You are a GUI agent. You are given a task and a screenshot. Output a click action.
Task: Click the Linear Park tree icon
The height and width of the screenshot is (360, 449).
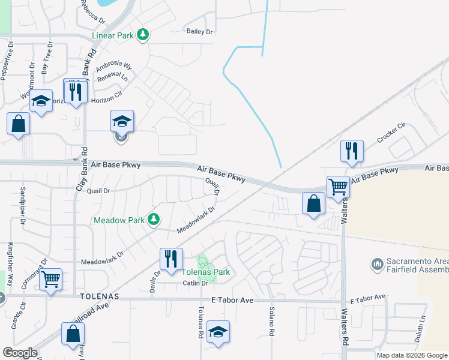coord(142,35)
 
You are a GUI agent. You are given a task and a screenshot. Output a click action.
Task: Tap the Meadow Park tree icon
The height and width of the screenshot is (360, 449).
coord(154,220)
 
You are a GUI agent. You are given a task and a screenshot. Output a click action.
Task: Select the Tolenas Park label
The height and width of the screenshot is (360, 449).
coord(206,272)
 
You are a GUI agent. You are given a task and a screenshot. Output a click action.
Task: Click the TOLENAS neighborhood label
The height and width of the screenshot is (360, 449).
coord(99,297)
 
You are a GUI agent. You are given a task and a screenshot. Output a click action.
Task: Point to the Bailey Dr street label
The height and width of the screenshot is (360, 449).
coord(200,31)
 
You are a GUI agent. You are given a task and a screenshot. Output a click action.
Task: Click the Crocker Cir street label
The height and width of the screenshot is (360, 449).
coord(391,133)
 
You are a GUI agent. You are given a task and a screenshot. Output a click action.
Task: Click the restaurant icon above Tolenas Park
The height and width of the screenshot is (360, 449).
coord(171,258)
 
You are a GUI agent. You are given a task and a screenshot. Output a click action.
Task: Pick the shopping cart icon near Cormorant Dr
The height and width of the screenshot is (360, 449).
coord(50,278)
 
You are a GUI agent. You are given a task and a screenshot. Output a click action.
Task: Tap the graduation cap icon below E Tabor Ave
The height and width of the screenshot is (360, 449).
coord(218,331)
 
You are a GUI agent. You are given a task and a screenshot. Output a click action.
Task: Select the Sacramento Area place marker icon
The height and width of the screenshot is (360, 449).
coord(378,263)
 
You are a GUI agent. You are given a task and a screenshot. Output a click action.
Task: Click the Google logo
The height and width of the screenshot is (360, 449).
coord(20,353)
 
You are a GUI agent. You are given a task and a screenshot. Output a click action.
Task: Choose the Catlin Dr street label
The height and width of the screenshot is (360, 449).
coord(195,283)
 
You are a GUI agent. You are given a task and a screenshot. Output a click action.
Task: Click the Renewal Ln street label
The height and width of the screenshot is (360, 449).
coord(116,78)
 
